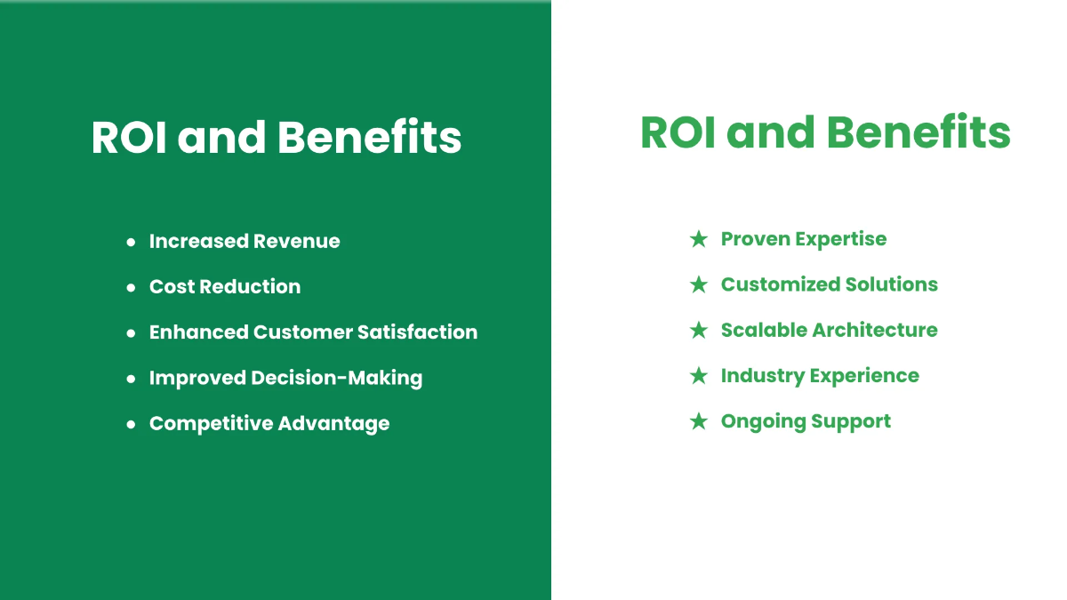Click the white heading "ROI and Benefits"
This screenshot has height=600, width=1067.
point(277,138)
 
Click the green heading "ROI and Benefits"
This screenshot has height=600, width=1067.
point(825,133)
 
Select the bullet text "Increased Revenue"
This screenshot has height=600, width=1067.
point(245,241)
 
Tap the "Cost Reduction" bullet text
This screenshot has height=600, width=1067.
point(225,286)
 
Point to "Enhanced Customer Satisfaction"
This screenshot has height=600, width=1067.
point(313,332)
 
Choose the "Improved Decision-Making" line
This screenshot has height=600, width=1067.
point(285,378)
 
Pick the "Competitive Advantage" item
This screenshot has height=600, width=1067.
point(269,423)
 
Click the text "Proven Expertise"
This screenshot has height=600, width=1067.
point(804,239)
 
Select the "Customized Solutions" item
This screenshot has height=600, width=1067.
point(830,284)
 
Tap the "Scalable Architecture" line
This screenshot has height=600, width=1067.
point(830,330)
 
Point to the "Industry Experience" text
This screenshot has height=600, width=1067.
point(820,375)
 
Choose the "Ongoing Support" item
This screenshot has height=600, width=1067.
point(806,421)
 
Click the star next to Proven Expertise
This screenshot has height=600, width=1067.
point(699,239)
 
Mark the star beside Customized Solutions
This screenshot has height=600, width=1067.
point(699,284)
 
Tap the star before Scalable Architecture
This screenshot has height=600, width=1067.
point(699,330)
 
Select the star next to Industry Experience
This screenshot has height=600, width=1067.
point(699,375)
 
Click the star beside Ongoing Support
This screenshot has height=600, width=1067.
point(699,421)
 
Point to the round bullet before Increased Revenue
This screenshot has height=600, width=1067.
point(131,242)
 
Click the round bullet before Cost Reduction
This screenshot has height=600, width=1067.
point(131,287)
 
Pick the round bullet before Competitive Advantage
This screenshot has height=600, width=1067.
point(131,424)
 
